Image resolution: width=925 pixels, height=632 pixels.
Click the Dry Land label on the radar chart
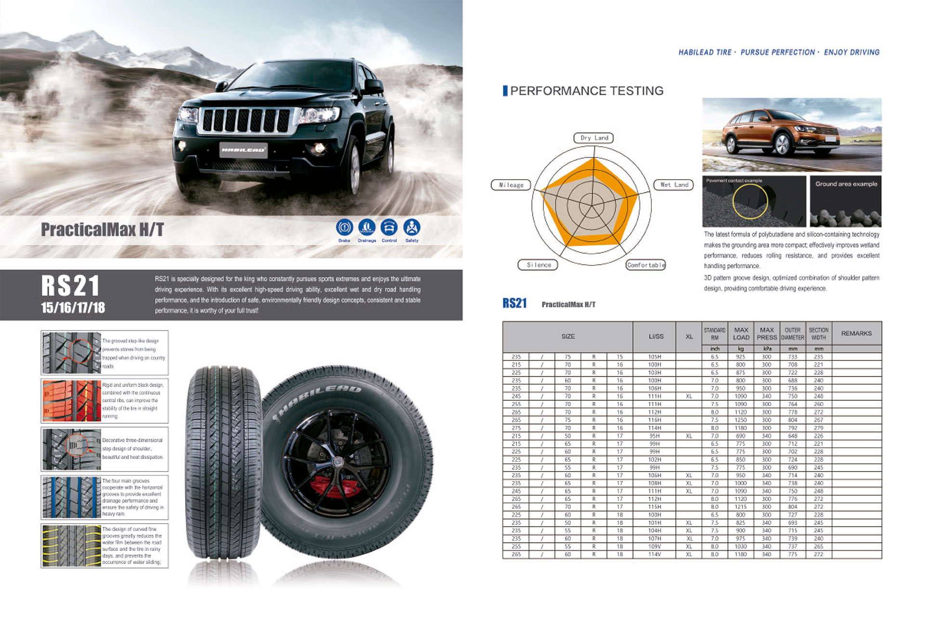(x=594, y=138)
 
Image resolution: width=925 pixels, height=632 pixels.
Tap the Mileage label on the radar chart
(x=511, y=185)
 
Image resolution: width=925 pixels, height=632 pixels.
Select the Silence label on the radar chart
(x=538, y=265)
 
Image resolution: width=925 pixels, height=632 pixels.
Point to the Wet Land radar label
(x=674, y=185)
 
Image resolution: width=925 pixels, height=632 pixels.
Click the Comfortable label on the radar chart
(x=646, y=265)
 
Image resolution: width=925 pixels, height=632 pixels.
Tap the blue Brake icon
(x=344, y=227)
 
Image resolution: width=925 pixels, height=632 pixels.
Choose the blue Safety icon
(x=411, y=227)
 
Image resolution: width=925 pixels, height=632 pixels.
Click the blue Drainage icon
(x=367, y=227)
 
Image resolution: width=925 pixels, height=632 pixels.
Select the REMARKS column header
(x=856, y=333)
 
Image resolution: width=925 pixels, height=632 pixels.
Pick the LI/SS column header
(x=656, y=336)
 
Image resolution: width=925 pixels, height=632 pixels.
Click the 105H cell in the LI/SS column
(x=655, y=357)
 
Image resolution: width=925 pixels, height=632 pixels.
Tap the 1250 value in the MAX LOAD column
(x=740, y=420)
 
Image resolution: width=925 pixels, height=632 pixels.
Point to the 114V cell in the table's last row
(x=655, y=554)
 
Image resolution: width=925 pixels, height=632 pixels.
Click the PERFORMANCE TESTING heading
(x=586, y=91)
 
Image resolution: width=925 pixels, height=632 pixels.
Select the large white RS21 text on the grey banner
(x=70, y=286)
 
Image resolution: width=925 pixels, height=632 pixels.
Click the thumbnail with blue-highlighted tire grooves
(x=71, y=498)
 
